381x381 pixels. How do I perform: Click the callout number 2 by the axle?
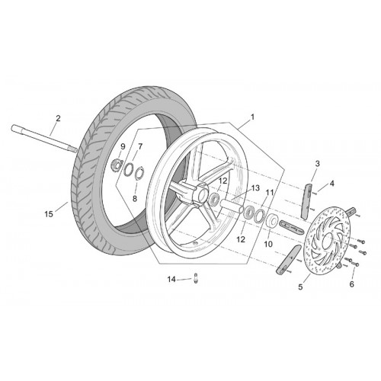58,118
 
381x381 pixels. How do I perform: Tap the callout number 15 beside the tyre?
49,214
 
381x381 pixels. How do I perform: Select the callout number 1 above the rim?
252,117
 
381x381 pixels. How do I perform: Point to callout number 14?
171,280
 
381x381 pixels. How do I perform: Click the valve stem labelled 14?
196,277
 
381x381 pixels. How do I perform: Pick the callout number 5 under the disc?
300,287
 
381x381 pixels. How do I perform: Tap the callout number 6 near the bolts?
351,284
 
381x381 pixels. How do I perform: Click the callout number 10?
268,244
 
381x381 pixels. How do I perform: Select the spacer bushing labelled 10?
272,221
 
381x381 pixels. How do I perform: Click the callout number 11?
270,193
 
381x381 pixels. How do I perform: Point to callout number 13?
255,188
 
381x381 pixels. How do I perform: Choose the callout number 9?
123,146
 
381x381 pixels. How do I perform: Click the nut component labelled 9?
117,165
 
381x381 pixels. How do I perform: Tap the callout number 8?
135,198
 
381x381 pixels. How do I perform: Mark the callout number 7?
140,146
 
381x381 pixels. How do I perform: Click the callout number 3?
317,164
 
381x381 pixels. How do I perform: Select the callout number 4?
332,183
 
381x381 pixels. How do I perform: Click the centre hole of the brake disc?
327,240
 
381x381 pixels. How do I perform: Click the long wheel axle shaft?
44,139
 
